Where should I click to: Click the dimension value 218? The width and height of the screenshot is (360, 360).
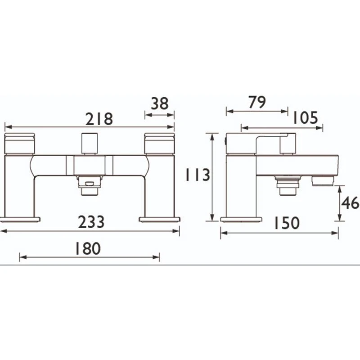99,119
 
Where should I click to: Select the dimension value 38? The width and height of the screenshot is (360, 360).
159,103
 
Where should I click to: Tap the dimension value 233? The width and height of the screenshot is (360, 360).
91,222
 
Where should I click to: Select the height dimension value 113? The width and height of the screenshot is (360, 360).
197,175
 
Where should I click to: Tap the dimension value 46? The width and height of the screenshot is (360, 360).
350,203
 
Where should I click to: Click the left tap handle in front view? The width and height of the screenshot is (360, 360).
20,144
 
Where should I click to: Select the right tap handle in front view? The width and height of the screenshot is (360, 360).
159,144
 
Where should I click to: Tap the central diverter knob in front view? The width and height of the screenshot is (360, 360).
89,143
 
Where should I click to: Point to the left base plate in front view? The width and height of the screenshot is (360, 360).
20,220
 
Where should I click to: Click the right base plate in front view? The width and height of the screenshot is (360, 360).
159,220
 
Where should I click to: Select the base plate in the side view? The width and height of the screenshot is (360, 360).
241,220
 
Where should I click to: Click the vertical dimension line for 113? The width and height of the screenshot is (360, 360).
211,176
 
